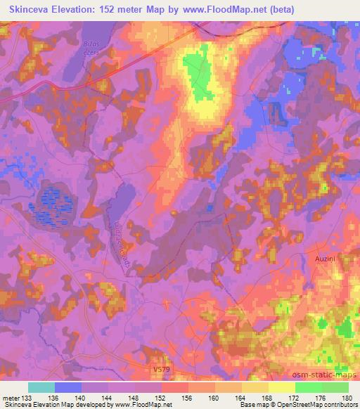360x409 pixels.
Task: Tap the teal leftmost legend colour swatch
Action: coord(42,388)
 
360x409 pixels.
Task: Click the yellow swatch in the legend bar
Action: coord(282,388)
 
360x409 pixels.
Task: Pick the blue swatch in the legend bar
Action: coord(69,388)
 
